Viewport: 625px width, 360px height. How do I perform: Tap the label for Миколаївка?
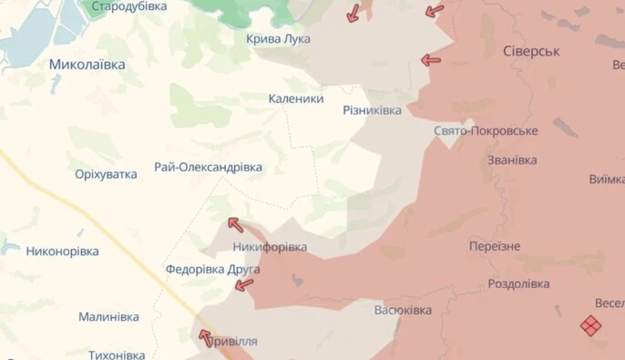[x=87, y=65]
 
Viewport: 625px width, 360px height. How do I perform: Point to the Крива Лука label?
[x=278, y=39]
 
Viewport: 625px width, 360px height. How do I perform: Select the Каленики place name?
[x=296, y=98]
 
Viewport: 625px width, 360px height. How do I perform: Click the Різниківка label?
[x=372, y=110]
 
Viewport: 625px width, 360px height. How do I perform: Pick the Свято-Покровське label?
[x=486, y=131]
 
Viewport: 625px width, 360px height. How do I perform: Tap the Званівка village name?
[x=512, y=160]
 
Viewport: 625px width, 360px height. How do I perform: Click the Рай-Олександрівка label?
[x=209, y=168]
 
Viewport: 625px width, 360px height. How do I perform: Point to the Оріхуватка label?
[x=106, y=174]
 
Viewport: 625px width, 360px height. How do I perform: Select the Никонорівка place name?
[x=63, y=251]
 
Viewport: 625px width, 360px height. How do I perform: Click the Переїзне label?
[x=495, y=247]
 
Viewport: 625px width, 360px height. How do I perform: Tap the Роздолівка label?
[x=518, y=283]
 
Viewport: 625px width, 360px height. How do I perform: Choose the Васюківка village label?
[x=403, y=310]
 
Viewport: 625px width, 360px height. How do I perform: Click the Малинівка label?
[x=108, y=317]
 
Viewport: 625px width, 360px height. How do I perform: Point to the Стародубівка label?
[x=129, y=6]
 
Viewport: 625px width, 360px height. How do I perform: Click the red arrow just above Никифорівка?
[x=235, y=224]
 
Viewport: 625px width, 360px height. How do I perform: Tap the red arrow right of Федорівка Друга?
[x=244, y=285]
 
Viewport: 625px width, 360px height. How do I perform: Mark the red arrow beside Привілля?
[x=206, y=338]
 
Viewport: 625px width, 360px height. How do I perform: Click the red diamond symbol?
[x=590, y=325]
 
